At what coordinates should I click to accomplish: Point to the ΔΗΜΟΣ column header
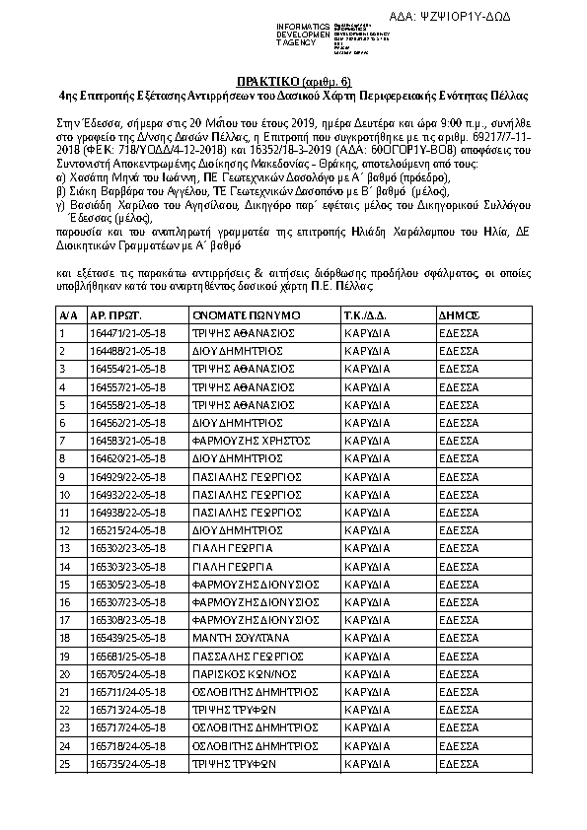[460, 314]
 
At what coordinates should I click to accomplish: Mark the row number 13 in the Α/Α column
[65, 548]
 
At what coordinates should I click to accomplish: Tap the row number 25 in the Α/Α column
[65, 764]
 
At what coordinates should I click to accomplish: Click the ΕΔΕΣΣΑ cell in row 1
[459, 333]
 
